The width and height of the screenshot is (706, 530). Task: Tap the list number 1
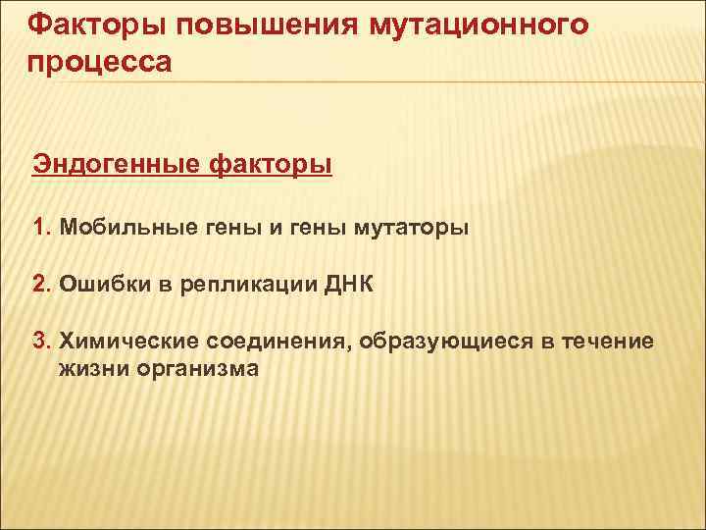(38, 228)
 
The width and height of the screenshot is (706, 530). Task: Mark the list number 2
(38, 285)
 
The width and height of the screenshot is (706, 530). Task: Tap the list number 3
(38, 342)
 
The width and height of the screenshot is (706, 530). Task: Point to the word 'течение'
(606, 342)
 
